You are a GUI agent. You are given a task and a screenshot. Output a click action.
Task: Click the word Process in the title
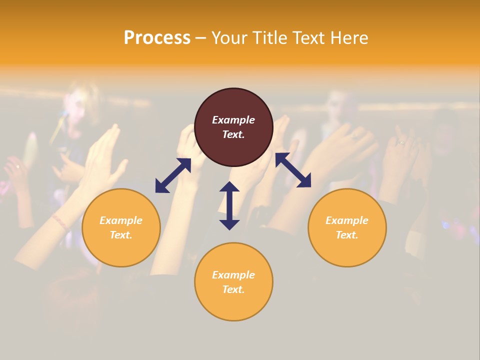pos(157,38)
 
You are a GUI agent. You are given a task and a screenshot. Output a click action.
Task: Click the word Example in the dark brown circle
pos(233,120)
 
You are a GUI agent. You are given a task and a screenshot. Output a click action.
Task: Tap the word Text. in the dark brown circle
pos(233,134)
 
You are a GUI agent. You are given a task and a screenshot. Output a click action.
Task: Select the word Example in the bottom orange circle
pos(233,275)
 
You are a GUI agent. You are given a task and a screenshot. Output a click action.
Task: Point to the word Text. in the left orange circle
pos(121,235)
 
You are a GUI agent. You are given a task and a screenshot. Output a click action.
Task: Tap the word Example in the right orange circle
pos(347,220)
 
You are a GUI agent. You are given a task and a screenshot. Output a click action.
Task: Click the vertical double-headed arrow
pos(229,205)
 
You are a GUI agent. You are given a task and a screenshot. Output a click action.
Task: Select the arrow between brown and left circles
pos(173,175)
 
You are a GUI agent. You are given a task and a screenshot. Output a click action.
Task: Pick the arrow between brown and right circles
pos(293,170)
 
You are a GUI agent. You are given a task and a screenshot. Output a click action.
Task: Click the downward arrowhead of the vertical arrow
pos(229,223)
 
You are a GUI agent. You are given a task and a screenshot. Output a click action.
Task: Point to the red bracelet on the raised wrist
pos(60,222)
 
